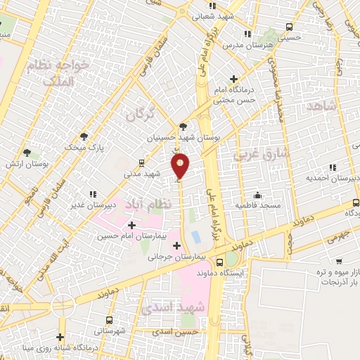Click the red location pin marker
[x=181, y=165]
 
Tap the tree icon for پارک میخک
[x=84, y=136]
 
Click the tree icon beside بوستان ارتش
[x=27, y=152]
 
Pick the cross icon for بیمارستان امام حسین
[x=131, y=224]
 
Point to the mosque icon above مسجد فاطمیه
[x=259, y=195]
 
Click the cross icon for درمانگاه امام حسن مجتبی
[x=234, y=79]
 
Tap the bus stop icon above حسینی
[x=289, y=27]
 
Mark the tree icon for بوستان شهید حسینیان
[x=183, y=127]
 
